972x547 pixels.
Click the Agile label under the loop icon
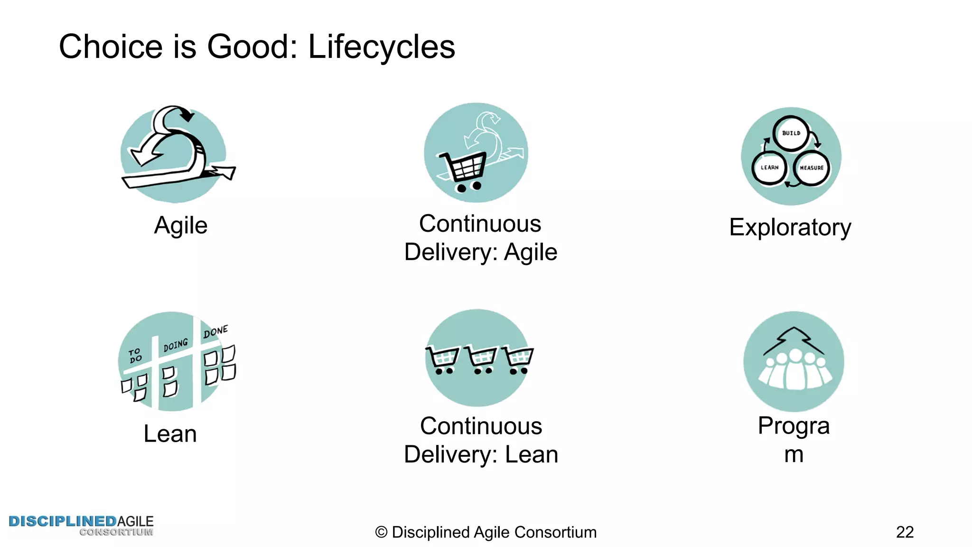pyautogui.click(x=181, y=225)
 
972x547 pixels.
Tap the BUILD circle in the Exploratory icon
pyautogui.click(x=791, y=133)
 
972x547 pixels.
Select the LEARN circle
pyautogui.click(x=769, y=168)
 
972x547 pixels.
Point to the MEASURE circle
pyautogui.click(x=812, y=168)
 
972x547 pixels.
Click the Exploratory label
pyautogui.click(x=790, y=227)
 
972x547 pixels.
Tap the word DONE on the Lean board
pyautogui.click(x=215, y=331)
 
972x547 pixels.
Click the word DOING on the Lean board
pyautogui.click(x=175, y=345)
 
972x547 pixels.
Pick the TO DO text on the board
pyautogui.click(x=135, y=355)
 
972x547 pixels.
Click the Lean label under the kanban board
pyautogui.click(x=170, y=434)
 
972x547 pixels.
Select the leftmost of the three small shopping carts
pyautogui.click(x=442, y=360)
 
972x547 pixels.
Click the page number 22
pyautogui.click(x=905, y=532)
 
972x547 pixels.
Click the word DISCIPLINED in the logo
pyautogui.click(x=62, y=521)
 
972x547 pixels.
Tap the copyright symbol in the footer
pyautogui.click(x=381, y=532)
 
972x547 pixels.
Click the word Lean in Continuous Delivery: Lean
pyautogui.click(x=531, y=454)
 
